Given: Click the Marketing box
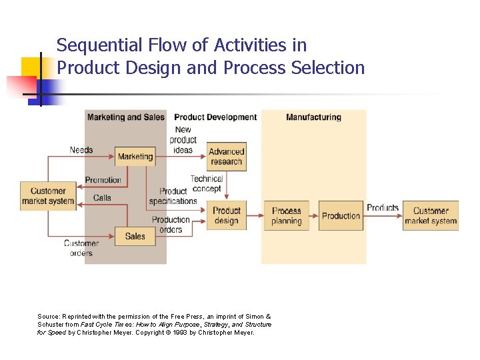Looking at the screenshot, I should point(135,157).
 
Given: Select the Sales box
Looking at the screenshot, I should point(135,236).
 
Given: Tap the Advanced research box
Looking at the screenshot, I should point(226,157).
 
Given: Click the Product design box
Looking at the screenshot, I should point(226,215).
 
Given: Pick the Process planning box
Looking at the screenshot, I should point(286,215).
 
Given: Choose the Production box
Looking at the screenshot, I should point(341,215).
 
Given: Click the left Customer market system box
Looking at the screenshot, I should point(48,196).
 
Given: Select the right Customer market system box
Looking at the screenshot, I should point(431,215).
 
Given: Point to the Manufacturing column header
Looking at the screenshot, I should point(313,117).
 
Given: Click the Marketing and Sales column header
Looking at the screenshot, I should point(125,117).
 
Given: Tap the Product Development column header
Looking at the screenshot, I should point(215,117).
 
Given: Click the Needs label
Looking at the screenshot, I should point(81,150).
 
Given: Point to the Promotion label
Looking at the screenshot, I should point(103,180).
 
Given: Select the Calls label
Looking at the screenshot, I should point(102,198).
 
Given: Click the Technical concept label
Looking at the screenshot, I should point(207,183).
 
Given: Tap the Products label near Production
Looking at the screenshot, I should point(383,207).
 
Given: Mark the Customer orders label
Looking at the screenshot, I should point(81,248).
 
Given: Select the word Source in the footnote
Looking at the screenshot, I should point(49,316).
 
